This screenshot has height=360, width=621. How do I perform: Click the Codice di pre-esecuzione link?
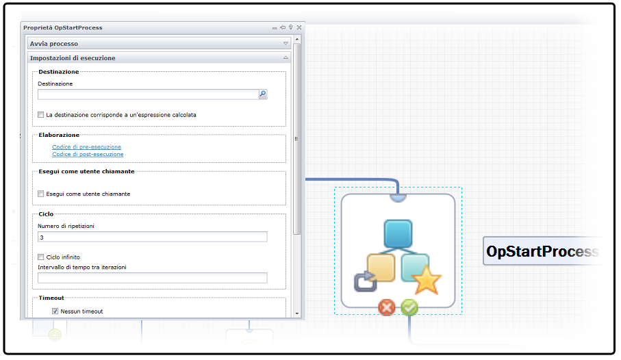(x=86, y=147)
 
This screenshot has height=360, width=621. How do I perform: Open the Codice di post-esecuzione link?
(x=88, y=155)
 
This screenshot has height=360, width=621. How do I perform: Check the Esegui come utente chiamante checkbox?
(x=41, y=194)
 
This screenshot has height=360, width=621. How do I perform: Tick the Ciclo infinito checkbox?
(x=41, y=257)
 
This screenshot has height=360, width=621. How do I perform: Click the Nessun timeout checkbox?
(x=55, y=311)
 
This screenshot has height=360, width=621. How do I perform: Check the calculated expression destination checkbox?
(x=41, y=115)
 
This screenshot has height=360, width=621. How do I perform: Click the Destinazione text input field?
(x=147, y=94)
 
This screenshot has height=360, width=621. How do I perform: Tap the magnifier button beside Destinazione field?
(x=262, y=94)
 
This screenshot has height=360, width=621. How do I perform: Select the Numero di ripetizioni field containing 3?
(x=152, y=237)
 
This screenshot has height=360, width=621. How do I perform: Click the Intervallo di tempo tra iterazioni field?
(x=152, y=278)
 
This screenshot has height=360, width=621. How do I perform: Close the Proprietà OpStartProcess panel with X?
(x=299, y=27)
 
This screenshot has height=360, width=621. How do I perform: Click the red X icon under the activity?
(x=387, y=308)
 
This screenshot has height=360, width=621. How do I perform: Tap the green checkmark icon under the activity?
(x=409, y=308)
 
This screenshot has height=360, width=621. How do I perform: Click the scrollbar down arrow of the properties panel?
(x=297, y=313)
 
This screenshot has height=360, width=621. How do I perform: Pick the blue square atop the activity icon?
(x=398, y=233)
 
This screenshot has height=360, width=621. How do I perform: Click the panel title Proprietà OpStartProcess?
(x=63, y=27)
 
